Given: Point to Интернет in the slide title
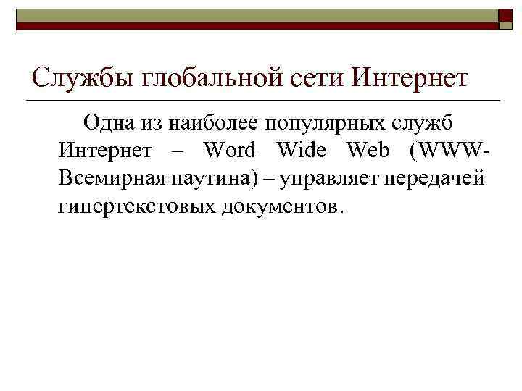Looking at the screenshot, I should (x=410, y=77).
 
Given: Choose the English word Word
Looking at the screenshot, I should (x=230, y=151).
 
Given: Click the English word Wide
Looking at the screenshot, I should (x=302, y=151).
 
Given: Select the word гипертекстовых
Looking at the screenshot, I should (x=136, y=206).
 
